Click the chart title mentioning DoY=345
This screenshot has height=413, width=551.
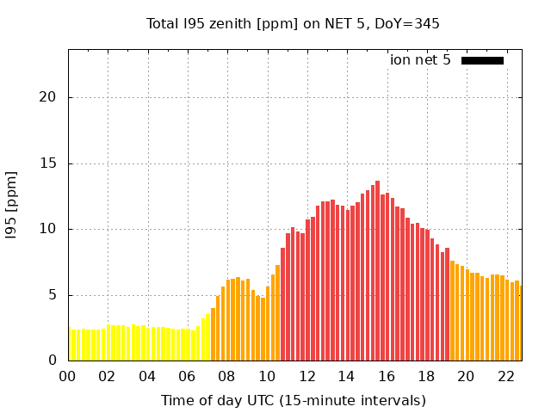(293, 24)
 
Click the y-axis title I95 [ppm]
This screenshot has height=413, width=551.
(12, 205)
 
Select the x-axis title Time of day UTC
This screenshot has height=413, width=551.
(293, 400)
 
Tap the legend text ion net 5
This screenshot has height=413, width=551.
(420, 60)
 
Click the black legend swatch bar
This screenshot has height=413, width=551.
(482, 60)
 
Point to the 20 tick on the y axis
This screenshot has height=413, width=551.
(48, 97)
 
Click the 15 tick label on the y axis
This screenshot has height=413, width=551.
(48, 163)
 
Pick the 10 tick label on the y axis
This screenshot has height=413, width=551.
(48, 229)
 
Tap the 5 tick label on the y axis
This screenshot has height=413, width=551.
(52, 295)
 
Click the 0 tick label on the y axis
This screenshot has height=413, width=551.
(52, 361)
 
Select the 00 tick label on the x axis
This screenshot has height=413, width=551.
(67, 377)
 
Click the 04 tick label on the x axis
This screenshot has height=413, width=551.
(147, 377)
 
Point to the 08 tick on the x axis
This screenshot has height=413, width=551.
(226, 377)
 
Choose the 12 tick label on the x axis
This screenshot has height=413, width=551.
(306, 377)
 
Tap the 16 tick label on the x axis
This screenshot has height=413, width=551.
(387, 377)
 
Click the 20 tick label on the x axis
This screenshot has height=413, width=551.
(466, 377)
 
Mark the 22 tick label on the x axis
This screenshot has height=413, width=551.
(506, 377)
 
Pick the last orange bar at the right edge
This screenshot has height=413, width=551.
(520, 323)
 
